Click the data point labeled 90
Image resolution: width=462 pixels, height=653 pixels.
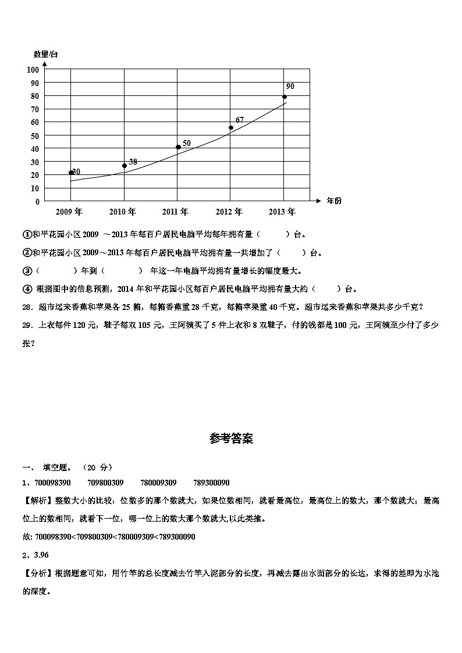pos(285,97)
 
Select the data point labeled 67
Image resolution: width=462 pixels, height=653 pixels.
pos(231,127)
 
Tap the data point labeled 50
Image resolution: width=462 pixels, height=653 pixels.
pos(178,147)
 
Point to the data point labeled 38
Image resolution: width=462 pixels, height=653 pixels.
pos(125,166)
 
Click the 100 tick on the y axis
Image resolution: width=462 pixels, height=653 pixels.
pos(33,70)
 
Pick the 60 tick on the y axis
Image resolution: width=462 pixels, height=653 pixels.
pos(35,123)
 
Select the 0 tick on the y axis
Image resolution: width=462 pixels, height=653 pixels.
pos(37,202)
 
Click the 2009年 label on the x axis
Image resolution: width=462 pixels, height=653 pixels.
pos(69,212)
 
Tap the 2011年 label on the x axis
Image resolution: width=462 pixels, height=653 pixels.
pos(176,212)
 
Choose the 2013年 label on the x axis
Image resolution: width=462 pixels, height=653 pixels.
pos(282,212)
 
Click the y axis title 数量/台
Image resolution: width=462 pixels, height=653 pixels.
pos(46,55)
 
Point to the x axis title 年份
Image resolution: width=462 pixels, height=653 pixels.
pos(335,201)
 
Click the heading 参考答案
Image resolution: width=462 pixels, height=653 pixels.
pos(231,440)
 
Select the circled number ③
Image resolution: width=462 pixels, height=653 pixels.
pos(27,271)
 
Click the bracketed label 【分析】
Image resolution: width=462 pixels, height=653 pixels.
pos(38,573)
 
